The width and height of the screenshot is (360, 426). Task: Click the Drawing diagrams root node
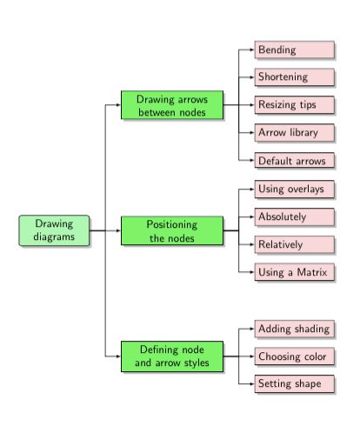(x=54, y=230)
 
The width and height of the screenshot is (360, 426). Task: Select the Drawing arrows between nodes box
(x=171, y=105)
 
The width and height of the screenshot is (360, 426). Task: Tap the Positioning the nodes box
(x=171, y=230)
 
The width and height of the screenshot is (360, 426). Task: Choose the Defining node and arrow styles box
(x=171, y=356)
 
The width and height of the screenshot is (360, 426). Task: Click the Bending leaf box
(x=294, y=50)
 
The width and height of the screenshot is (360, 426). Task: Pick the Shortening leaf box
(x=294, y=77)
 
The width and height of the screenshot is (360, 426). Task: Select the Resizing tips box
(x=294, y=105)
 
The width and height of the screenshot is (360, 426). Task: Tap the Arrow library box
(x=294, y=133)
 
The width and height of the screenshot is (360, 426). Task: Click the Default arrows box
(x=294, y=160)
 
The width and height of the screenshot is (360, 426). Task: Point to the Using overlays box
(x=294, y=189)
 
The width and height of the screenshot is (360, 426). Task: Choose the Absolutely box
(x=294, y=216)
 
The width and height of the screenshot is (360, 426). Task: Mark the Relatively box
(x=294, y=244)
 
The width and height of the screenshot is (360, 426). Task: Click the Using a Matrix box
(x=294, y=272)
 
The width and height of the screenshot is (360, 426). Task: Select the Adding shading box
(x=294, y=329)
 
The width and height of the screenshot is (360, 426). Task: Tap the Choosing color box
(x=294, y=356)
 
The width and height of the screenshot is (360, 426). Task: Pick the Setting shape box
(x=294, y=383)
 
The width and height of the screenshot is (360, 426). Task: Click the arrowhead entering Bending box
(x=251, y=50)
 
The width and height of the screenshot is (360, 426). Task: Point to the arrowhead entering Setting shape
(x=251, y=383)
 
